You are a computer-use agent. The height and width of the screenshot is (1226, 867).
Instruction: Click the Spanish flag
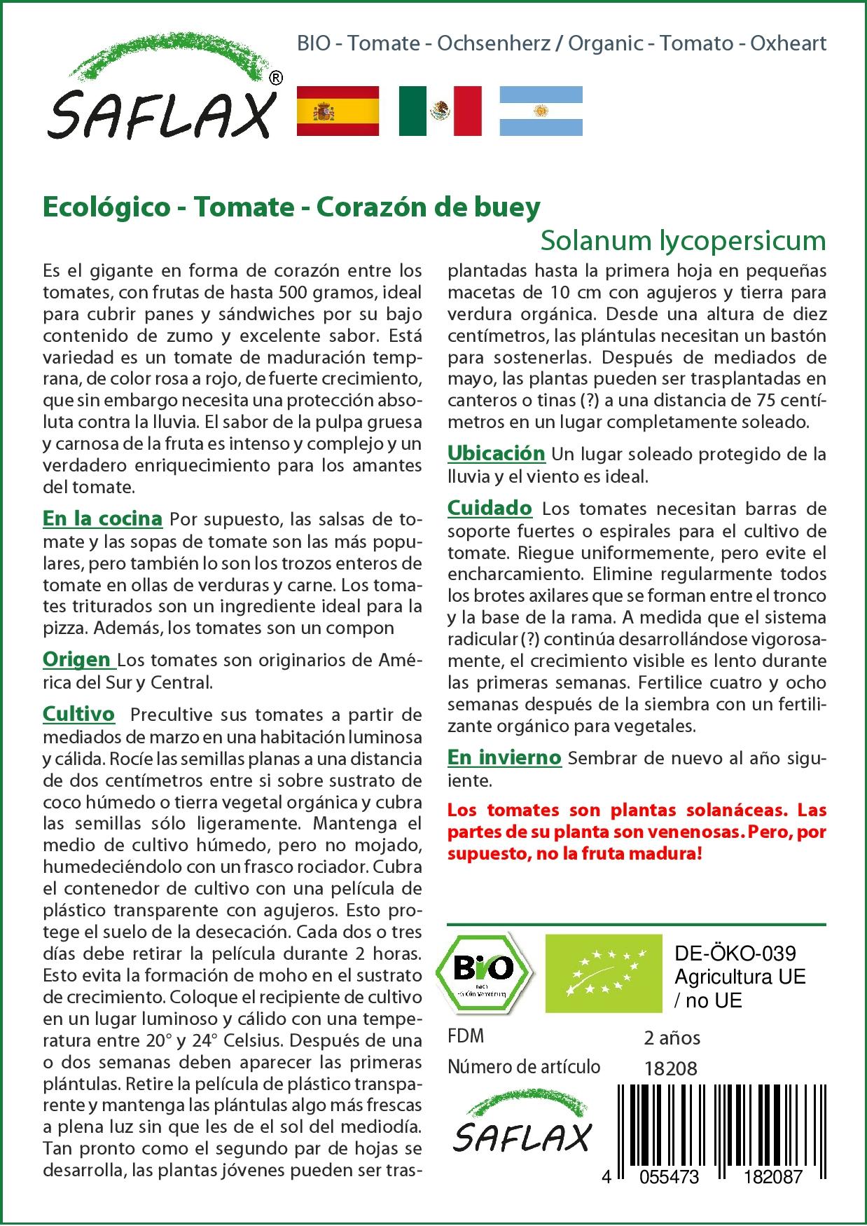click(x=338, y=111)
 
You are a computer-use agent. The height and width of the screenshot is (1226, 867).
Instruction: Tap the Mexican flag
click(x=440, y=111)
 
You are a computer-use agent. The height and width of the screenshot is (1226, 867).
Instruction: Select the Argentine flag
click(x=541, y=111)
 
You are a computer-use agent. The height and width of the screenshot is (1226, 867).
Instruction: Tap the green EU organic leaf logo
click(x=603, y=973)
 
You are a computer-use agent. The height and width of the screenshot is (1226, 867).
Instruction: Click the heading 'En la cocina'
click(x=102, y=518)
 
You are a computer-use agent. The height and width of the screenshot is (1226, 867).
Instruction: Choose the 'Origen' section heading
click(x=77, y=659)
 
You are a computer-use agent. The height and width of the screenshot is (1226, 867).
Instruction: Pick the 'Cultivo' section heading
click(x=78, y=714)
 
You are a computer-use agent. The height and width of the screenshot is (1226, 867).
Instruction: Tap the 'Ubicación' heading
click(x=496, y=453)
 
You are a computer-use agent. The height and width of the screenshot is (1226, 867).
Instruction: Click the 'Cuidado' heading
click(x=490, y=508)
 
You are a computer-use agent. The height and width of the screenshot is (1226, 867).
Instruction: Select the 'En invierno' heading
click(x=504, y=757)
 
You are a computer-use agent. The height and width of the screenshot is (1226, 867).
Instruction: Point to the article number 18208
click(x=670, y=1068)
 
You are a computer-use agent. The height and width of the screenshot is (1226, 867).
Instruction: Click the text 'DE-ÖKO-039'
click(x=735, y=953)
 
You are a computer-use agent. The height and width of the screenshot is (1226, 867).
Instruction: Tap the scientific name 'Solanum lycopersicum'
click(x=683, y=240)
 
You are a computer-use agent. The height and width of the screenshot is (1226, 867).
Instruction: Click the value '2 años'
click(x=672, y=1038)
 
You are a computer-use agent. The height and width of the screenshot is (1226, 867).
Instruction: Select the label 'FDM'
click(x=466, y=1036)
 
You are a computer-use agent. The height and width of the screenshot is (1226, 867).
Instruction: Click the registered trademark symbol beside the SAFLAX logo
click(x=276, y=78)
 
